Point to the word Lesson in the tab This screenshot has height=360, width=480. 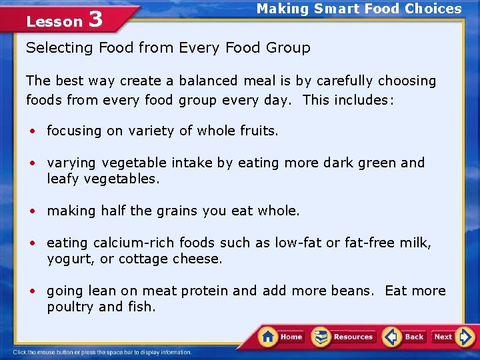click(x=54, y=21)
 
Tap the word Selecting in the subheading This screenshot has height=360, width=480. click(x=59, y=48)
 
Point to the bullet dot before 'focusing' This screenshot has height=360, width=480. click(x=31, y=131)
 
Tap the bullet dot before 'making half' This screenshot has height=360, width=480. click(x=31, y=211)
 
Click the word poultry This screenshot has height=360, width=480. click(x=70, y=307)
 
